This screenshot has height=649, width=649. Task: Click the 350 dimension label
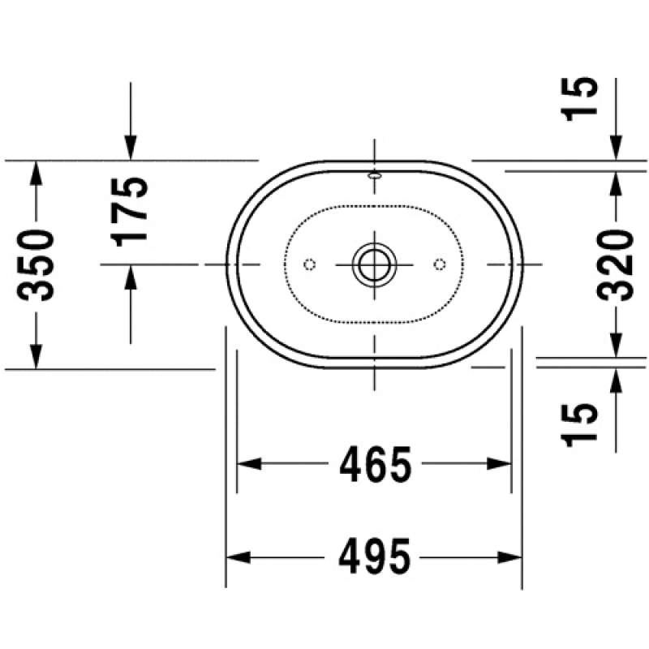pyautogui.click(x=36, y=266)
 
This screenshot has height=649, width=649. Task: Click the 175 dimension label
pyautogui.click(x=129, y=212)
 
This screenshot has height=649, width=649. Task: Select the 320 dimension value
pyautogui.click(x=616, y=265)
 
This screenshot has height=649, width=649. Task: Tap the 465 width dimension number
pyautogui.click(x=376, y=464)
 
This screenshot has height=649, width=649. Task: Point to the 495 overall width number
pyautogui.click(x=375, y=556)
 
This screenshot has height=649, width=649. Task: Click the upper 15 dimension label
pyautogui.click(x=580, y=99)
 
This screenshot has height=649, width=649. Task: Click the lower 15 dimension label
pyautogui.click(x=580, y=424)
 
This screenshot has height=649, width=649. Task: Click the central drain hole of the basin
pyautogui.click(x=375, y=264)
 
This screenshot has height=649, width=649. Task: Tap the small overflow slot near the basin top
pyautogui.click(x=375, y=175)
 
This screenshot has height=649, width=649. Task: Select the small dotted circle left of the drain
pyautogui.click(x=310, y=264)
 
